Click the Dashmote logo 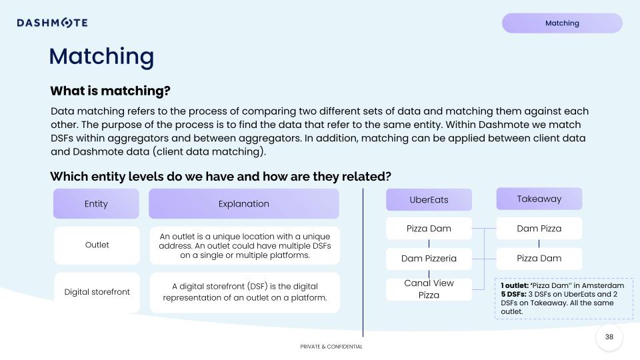(52, 23)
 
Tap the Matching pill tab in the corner (562, 23)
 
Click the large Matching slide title (101, 57)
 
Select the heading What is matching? (110, 91)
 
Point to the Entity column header (96, 204)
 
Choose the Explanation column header (244, 204)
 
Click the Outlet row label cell (97, 245)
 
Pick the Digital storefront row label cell (97, 292)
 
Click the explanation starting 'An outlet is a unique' (245, 245)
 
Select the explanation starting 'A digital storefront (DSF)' (245, 292)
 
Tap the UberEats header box (429, 199)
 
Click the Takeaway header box (539, 199)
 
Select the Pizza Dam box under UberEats (429, 229)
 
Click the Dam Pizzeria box (429, 259)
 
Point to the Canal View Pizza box (429, 289)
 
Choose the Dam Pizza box (539, 229)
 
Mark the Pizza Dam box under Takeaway (539, 259)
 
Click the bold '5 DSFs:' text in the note (514, 294)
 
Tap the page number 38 (609, 337)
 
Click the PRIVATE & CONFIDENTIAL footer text (331, 347)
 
